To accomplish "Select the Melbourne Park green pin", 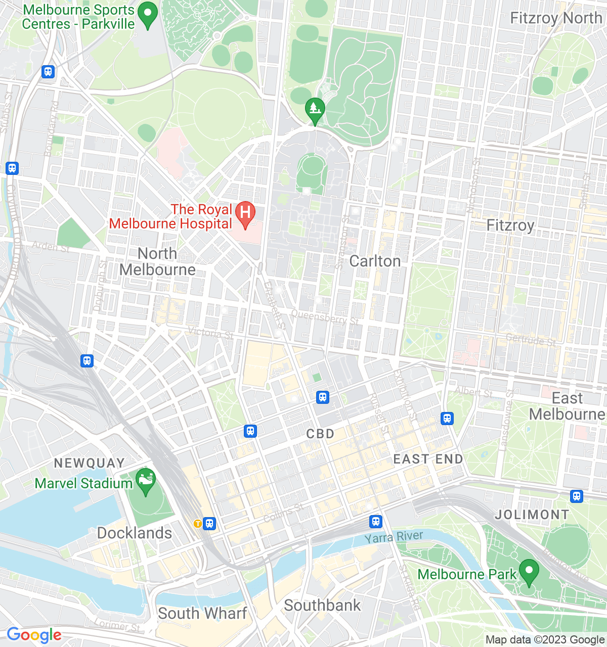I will pos(529,572).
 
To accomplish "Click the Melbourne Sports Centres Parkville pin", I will pos(148,15).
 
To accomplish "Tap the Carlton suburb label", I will pos(375,261).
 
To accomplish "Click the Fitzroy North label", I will pos(555,18).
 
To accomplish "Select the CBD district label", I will pos(321,434).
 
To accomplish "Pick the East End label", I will pos(428,459).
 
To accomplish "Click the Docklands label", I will pos(135,533).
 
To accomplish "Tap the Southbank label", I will pos(322,605).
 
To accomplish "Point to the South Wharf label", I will pos(202,613).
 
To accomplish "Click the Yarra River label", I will pos(394,537).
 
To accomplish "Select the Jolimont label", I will pos(532,515).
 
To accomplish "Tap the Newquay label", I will pos(89,463).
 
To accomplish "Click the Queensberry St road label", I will pos(325,317).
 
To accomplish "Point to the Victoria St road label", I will pos(210,333).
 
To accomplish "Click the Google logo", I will pos(34,635).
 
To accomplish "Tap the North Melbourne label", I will pos(157,261).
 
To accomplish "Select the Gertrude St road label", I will pos(531,341).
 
